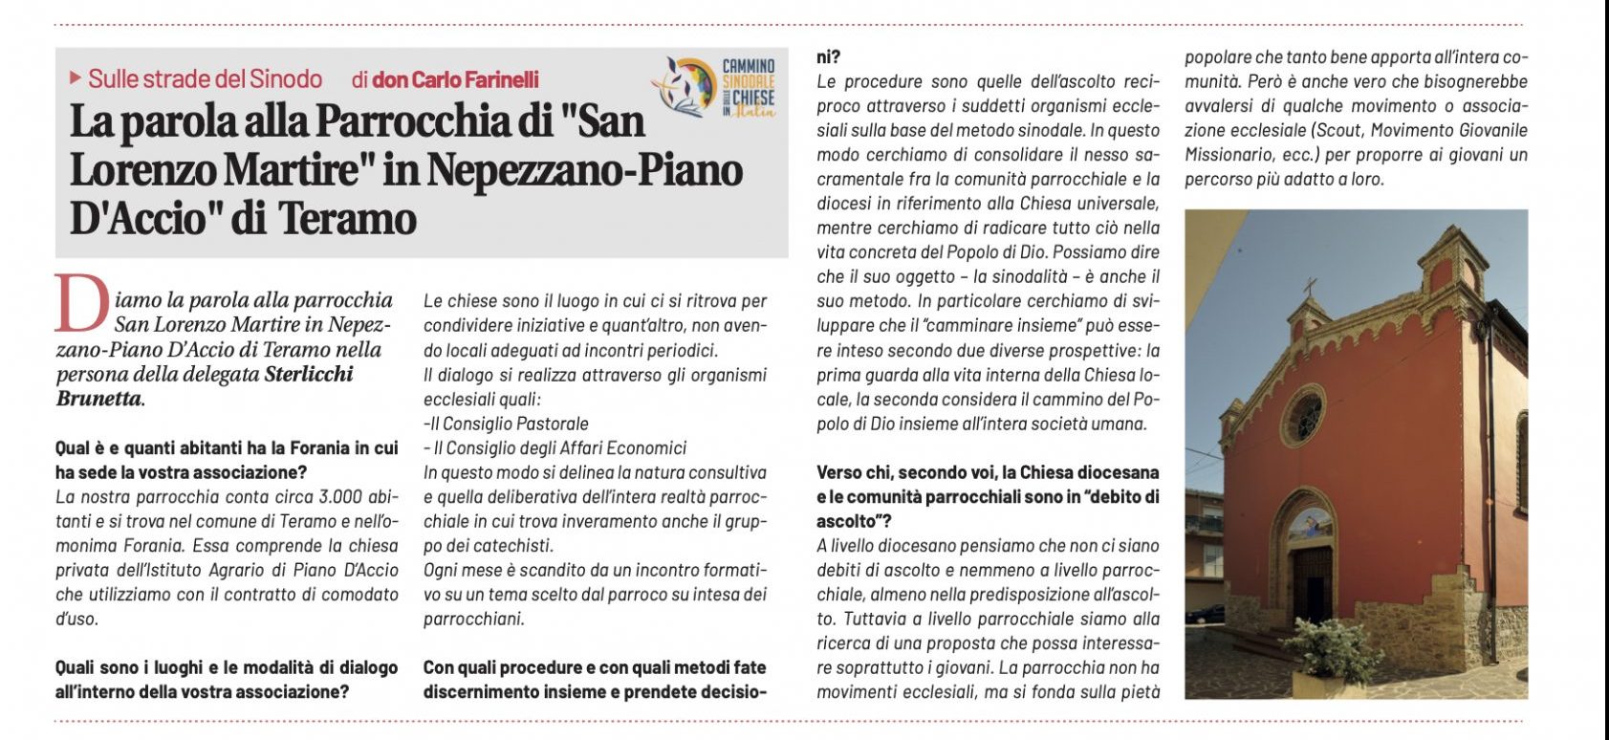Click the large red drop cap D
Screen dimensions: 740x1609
coord(82,304)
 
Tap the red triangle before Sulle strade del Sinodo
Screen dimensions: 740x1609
coord(76,77)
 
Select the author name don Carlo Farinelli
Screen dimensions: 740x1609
coord(455,78)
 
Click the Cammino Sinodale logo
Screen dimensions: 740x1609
coord(715,86)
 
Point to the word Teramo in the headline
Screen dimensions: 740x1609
coord(348,218)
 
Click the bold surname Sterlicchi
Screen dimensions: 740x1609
coord(308,374)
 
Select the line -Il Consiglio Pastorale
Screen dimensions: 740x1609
coord(506,424)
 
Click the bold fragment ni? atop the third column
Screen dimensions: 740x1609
coord(828,56)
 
